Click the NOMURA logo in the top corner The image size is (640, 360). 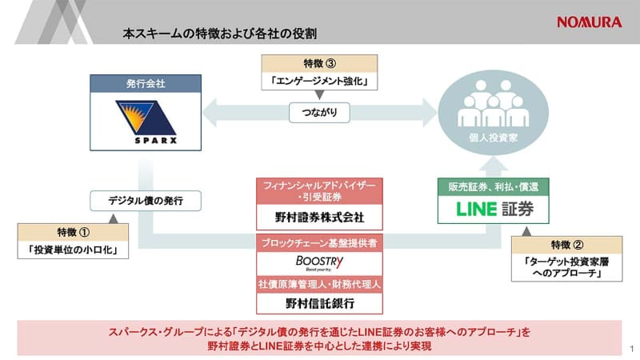589,22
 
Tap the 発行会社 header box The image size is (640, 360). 144,83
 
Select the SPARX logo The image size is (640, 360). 144,122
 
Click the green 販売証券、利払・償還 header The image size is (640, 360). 481,186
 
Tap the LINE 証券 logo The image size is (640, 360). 481,210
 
